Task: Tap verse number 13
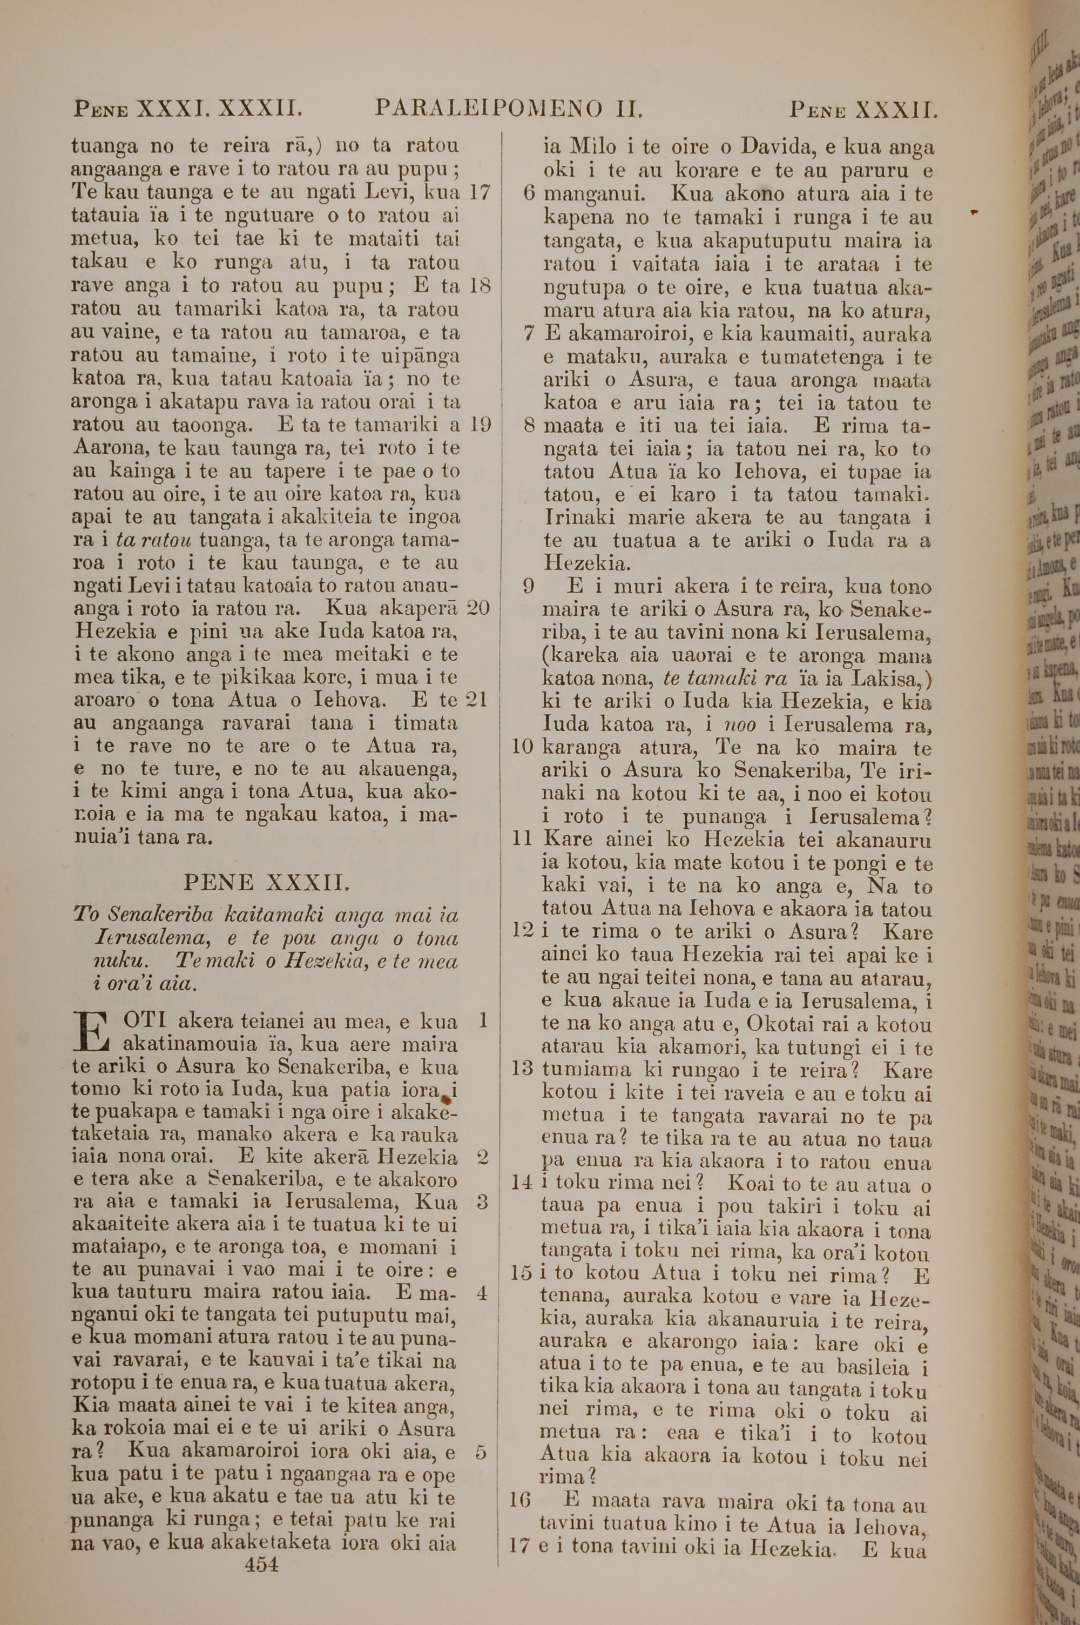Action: point(523,1071)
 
